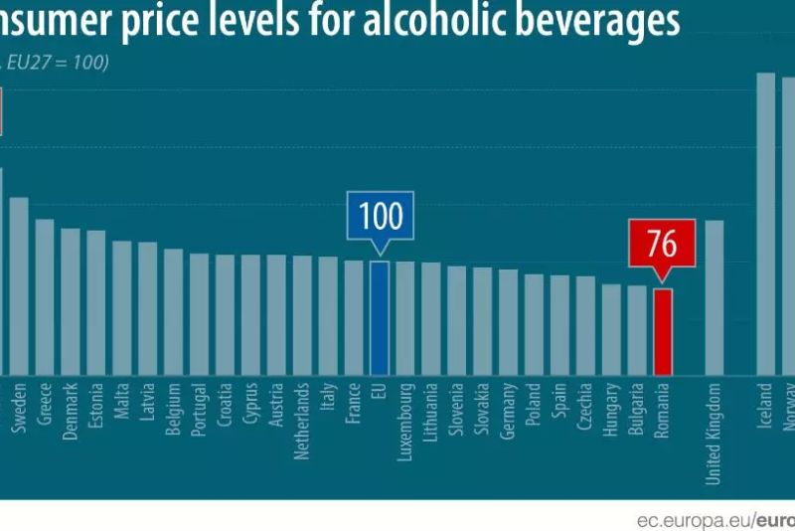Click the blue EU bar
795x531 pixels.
click(x=380, y=317)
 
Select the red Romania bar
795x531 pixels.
click(x=663, y=331)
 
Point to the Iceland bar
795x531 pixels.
click(x=765, y=223)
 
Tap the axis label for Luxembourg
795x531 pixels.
click(x=405, y=418)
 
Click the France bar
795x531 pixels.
click(x=354, y=317)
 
